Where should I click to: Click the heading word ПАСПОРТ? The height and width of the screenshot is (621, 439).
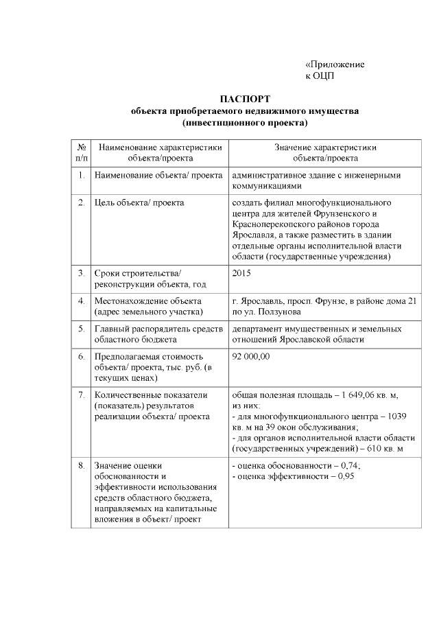click(246, 99)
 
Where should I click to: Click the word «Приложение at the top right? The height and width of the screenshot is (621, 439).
click(335, 64)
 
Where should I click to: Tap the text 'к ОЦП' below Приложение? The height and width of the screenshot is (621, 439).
click(320, 75)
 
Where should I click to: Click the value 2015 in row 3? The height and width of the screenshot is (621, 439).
click(242, 273)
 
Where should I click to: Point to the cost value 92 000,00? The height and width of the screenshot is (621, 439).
click(252, 357)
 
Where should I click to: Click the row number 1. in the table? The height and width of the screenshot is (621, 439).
click(81, 175)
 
